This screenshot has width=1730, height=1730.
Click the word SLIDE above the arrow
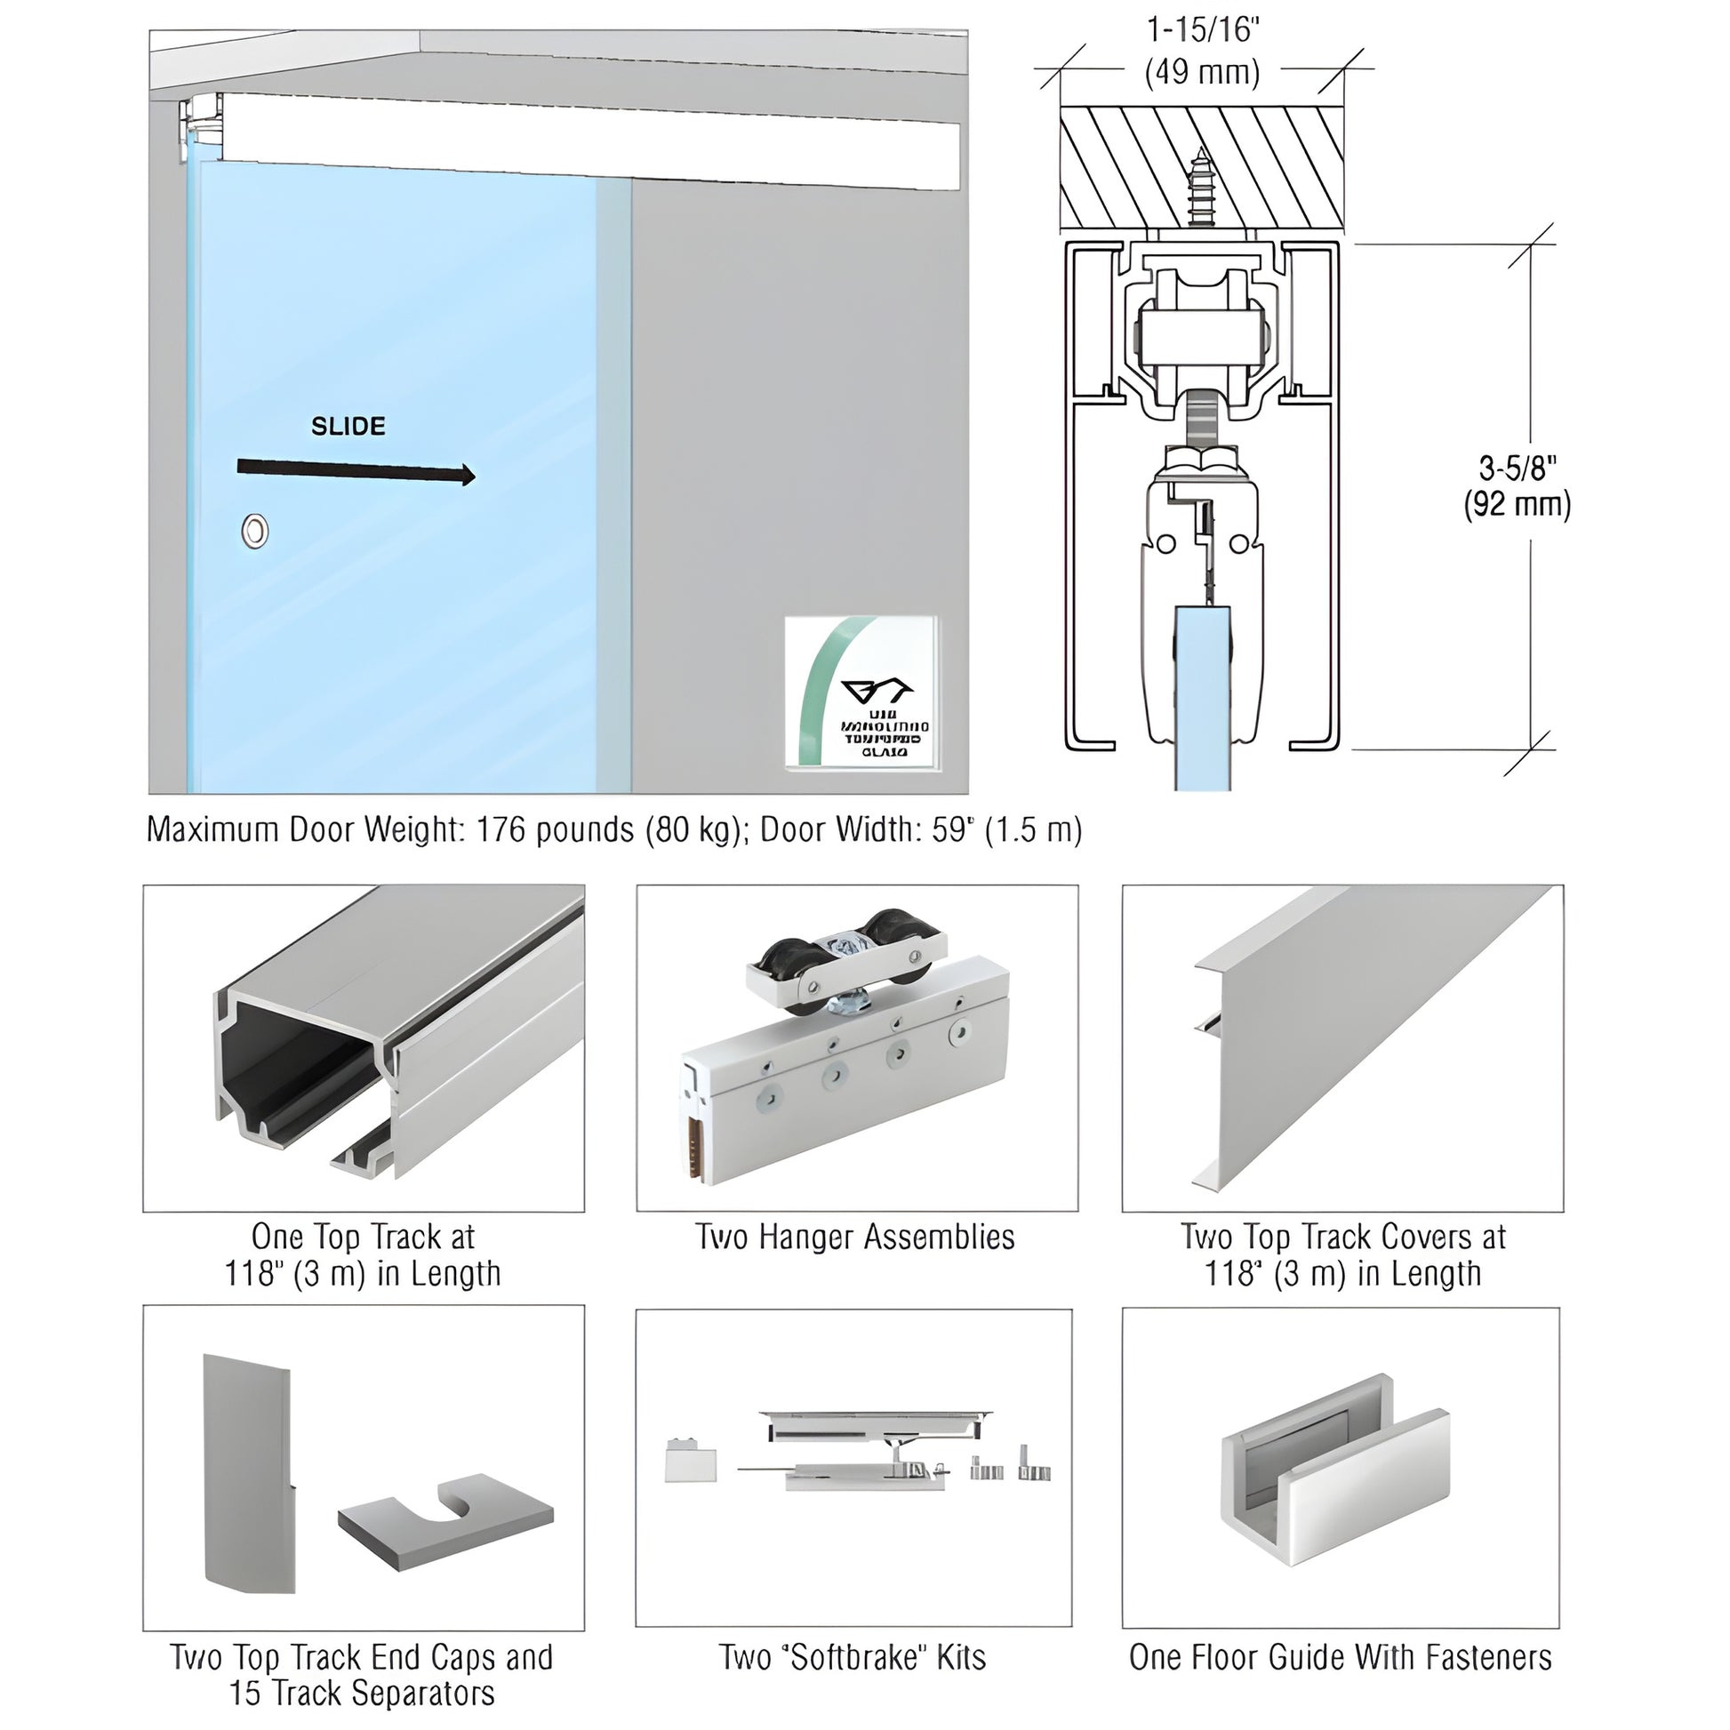pyautogui.click(x=348, y=426)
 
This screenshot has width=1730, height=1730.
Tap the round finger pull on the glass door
pyautogui.click(x=255, y=531)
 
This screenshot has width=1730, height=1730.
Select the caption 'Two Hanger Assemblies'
pyautogui.click(x=855, y=1237)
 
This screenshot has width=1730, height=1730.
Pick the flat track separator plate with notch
pyautogui.click(x=445, y=1520)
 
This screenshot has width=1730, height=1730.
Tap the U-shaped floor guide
pyautogui.click(x=1334, y=1482)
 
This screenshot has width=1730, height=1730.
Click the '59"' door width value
pyautogui.click(x=952, y=830)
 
